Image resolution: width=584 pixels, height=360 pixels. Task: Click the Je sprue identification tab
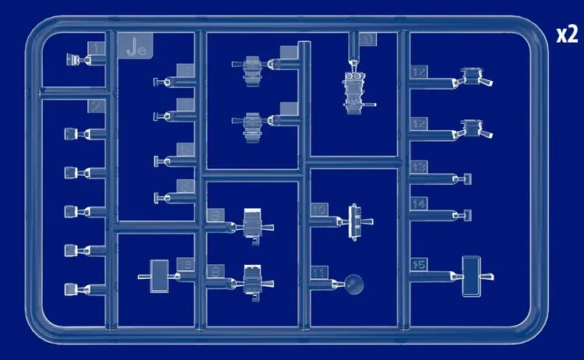pyautogui.click(x=137, y=49)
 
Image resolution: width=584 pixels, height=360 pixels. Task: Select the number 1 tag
pyautogui.click(x=97, y=51)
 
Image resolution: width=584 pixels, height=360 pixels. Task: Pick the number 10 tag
pyautogui.click(x=319, y=210)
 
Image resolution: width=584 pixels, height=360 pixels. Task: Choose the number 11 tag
pyautogui.click(x=319, y=273)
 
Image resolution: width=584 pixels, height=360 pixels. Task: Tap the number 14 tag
pyautogui.click(x=419, y=203)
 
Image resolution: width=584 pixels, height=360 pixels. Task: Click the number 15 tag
pyautogui.click(x=419, y=265)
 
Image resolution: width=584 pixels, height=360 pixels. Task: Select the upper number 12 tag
pyautogui.click(x=419, y=72)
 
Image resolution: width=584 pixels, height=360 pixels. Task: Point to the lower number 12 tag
pyautogui.click(x=419, y=123)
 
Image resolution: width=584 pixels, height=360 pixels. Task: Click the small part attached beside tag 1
pyautogui.click(x=72, y=58)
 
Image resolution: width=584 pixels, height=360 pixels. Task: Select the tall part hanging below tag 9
pyautogui.click(x=357, y=92)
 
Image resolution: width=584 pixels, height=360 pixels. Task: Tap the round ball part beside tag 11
pyautogui.click(x=355, y=284)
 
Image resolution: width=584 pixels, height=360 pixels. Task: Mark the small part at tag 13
pyautogui.click(x=467, y=179)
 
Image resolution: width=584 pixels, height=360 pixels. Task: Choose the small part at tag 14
pyautogui.click(x=467, y=214)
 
